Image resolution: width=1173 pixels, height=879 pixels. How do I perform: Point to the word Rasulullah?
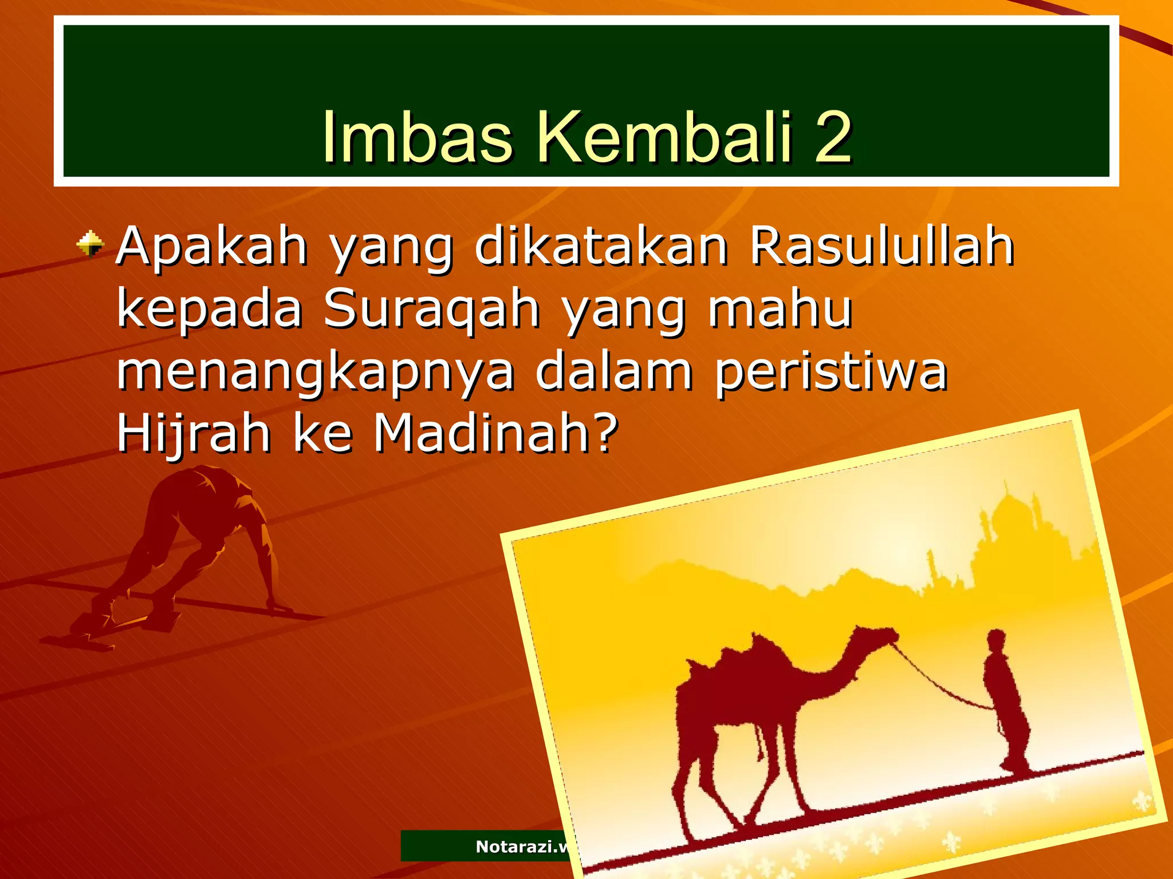(x=882, y=247)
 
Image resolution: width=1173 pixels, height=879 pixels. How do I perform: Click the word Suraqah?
(x=431, y=309)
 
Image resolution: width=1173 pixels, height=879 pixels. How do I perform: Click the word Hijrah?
(x=193, y=434)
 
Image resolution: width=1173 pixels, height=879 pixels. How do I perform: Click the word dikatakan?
(x=601, y=247)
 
